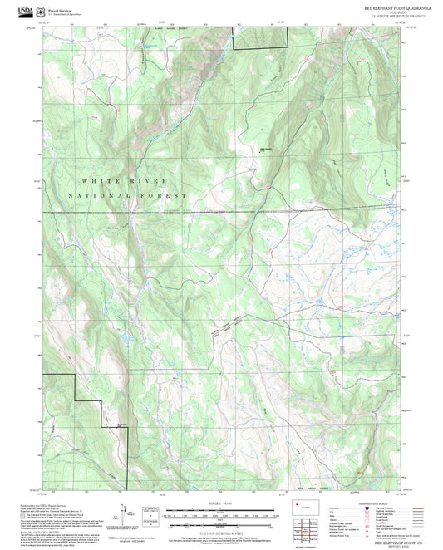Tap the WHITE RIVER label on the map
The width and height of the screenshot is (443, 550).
(124, 180)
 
